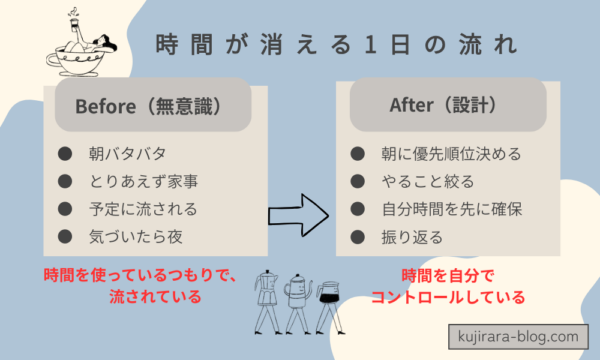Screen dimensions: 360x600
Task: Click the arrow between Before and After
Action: pos(299,213)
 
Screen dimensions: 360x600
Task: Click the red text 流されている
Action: pos(155,296)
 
